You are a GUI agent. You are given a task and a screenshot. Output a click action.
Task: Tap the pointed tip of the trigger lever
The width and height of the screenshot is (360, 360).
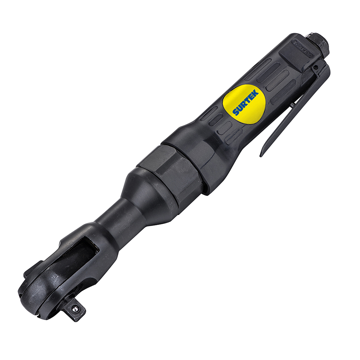click(261, 155)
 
